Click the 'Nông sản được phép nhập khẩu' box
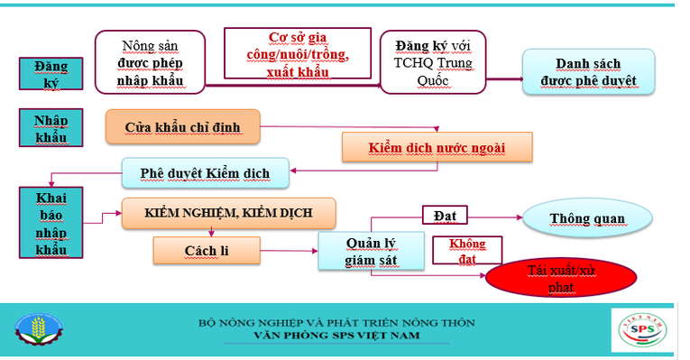pyautogui.click(x=151, y=61)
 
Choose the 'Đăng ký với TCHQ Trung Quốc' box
pyautogui.click(x=431, y=61)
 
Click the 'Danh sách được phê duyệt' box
pyautogui.click(x=588, y=72)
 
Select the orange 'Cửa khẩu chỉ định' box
pyautogui.click(x=183, y=127)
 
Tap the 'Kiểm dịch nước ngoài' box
pyautogui.click(x=437, y=147)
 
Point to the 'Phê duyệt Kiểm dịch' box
pyautogui.click(x=206, y=172)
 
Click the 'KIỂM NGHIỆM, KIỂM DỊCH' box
pyautogui.click(x=228, y=213)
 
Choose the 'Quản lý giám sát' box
pyautogui.click(x=371, y=252)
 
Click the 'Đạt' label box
pyautogui.click(x=443, y=217)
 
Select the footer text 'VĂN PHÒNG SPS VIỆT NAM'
pyautogui.click(x=336, y=336)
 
